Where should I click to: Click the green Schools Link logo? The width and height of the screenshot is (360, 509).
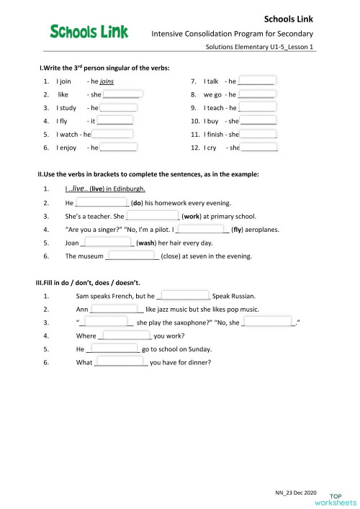click(89, 31)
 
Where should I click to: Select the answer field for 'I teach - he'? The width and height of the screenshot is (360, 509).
click(257, 107)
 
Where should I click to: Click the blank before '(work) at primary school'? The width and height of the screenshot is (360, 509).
click(153, 216)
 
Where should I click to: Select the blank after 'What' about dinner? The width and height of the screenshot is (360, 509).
click(121, 362)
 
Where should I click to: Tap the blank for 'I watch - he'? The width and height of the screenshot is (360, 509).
click(112, 134)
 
